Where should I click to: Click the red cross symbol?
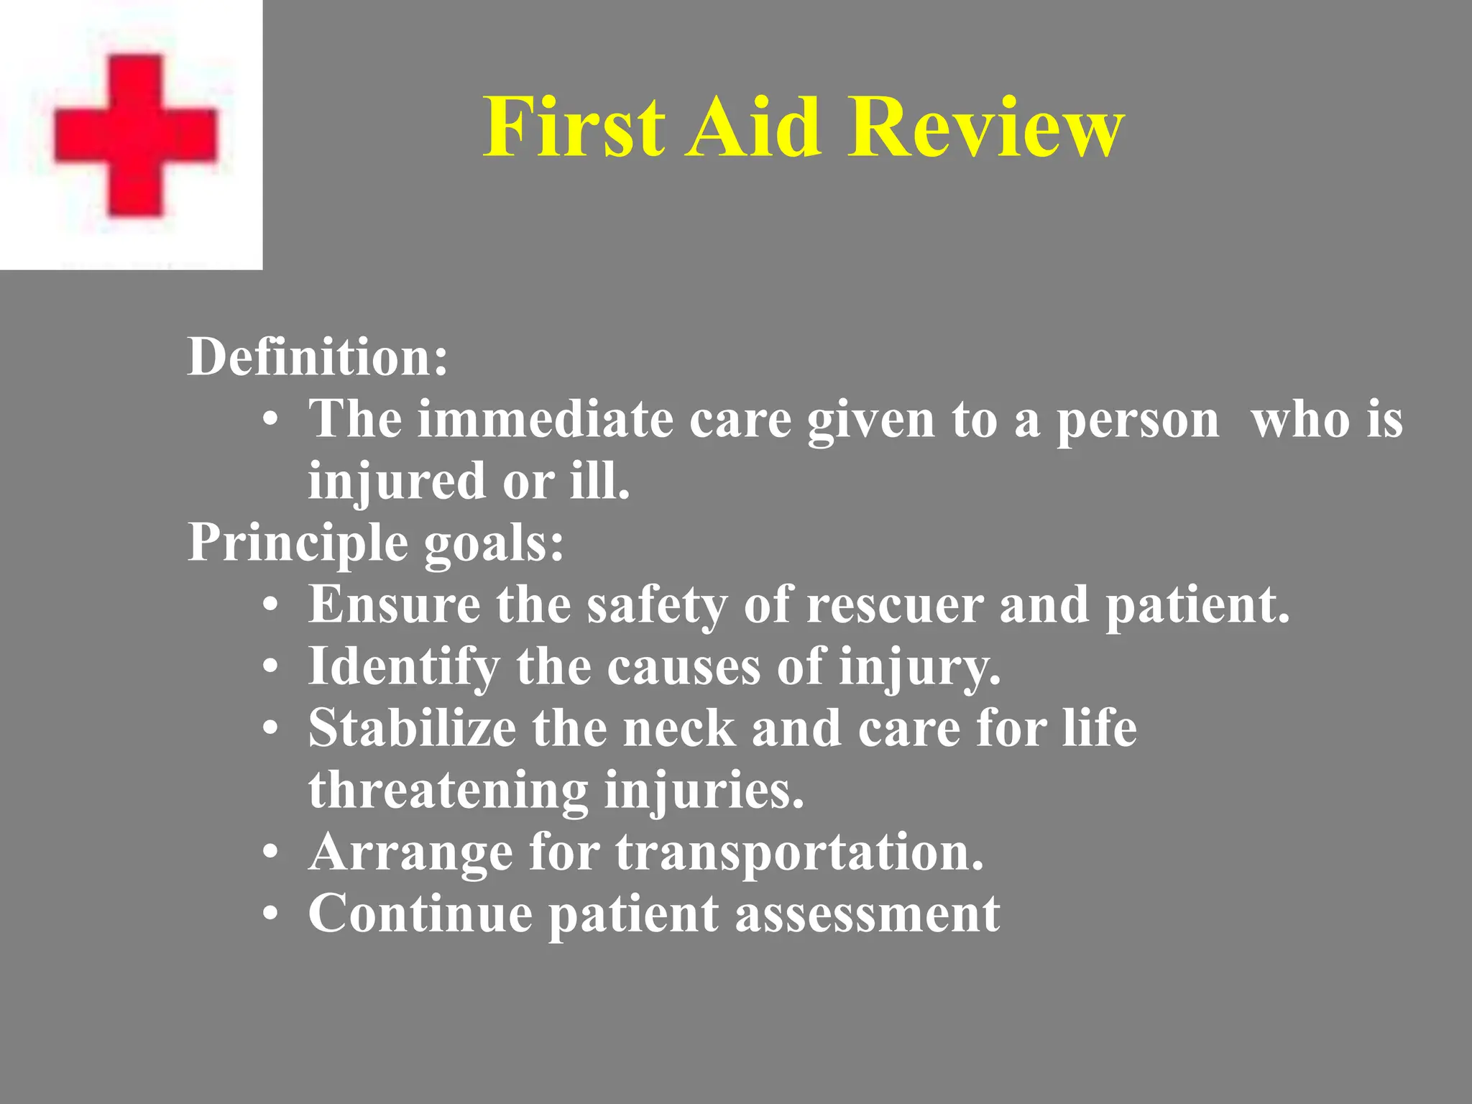135,135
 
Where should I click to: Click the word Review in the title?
985,127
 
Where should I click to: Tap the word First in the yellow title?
573,127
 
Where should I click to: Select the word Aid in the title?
753,127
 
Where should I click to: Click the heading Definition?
317,356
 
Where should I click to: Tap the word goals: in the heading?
494,543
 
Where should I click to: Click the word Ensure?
394,604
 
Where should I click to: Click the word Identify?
403,666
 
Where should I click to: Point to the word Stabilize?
412,728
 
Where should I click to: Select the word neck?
679,728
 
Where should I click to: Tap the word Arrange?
410,853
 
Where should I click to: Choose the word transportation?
799,853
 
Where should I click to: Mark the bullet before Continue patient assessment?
270,915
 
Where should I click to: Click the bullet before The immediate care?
270,420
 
